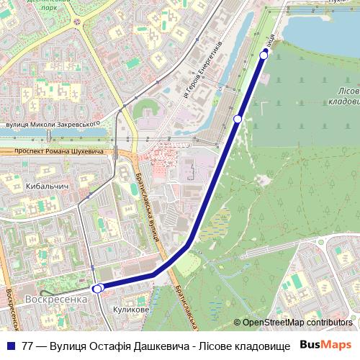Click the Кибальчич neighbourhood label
46,186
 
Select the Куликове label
131,310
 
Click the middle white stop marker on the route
238,119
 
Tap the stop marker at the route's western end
99,288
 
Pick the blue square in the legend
10,346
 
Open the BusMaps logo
326,345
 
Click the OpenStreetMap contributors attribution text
297,323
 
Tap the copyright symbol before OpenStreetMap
238,323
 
